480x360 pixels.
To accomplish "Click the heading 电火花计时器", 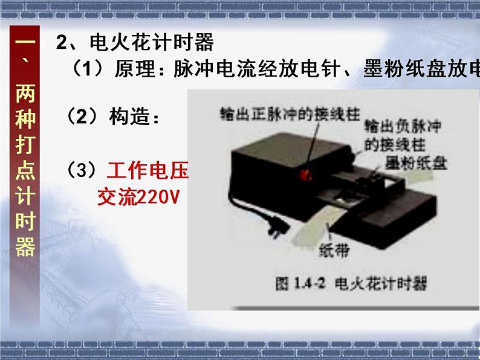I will click(x=152, y=42).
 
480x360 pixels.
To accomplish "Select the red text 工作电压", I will click(x=148, y=170).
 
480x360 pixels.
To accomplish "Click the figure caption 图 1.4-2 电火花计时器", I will click(x=351, y=283).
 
